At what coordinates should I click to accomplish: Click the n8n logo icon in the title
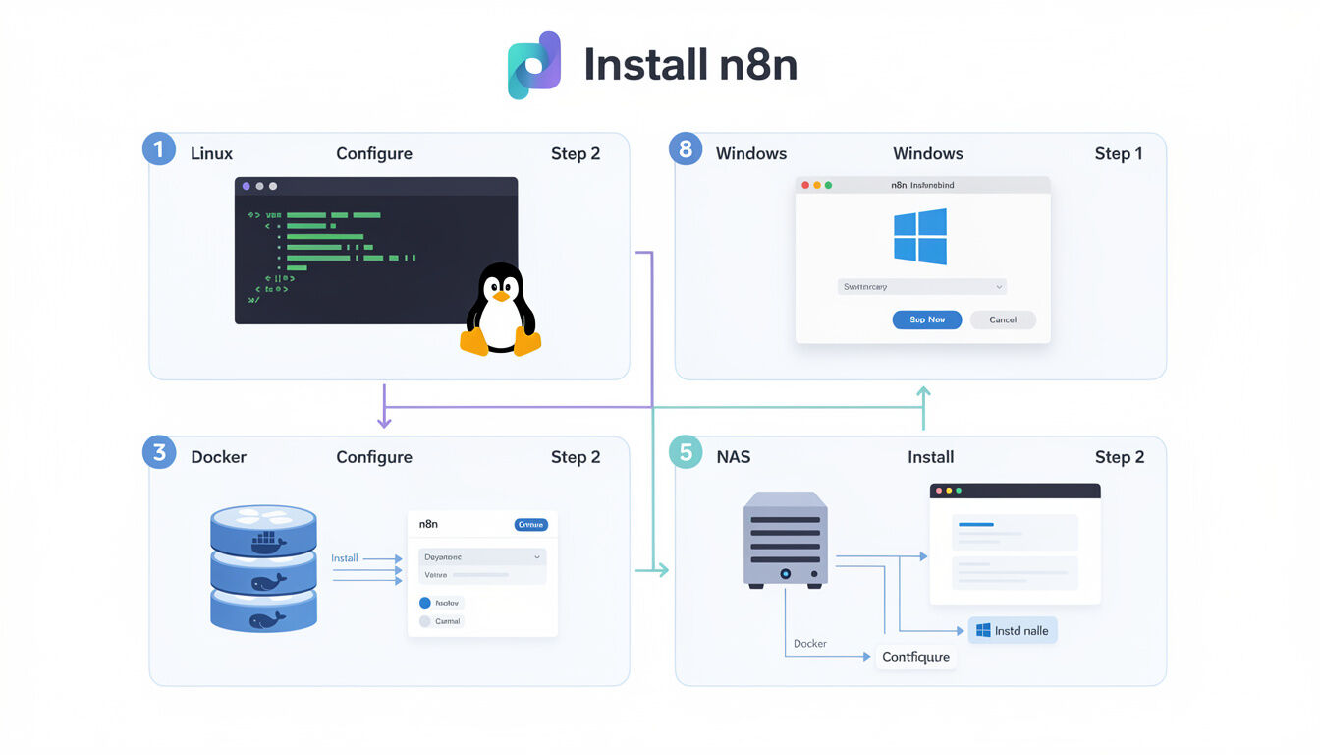click(x=533, y=65)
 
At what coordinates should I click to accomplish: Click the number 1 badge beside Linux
click(x=159, y=150)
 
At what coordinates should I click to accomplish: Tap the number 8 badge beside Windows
click(x=686, y=150)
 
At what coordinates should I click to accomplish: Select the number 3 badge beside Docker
click(x=159, y=453)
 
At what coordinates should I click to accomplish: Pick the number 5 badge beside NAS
click(x=686, y=453)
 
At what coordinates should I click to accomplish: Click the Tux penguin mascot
click(x=501, y=310)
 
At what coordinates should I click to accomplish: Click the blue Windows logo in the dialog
click(x=920, y=236)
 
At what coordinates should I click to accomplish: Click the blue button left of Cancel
click(x=926, y=319)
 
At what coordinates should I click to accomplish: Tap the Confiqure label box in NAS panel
click(x=915, y=657)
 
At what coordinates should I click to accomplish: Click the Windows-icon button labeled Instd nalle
click(x=1013, y=631)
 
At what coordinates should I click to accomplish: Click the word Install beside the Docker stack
click(x=345, y=558)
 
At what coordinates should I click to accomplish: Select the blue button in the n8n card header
click(x=530, y=525)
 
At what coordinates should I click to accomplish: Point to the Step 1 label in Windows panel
click(x=1119, y=154)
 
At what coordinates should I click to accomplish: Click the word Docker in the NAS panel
click(x=810, y=644)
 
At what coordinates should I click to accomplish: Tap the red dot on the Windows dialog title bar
click(x=805, y=185)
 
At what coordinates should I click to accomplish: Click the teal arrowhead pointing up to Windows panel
click(x=923, y=392)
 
